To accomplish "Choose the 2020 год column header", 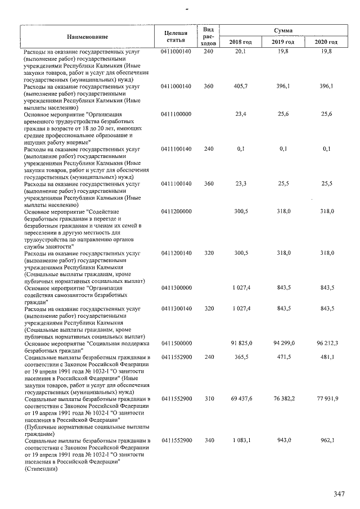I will pyautogui.click(x=326, y=42).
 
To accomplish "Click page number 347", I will pyautogui.click(x=339, y=493).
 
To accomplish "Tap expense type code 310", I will pyautogui.click(x=209, y=398).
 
